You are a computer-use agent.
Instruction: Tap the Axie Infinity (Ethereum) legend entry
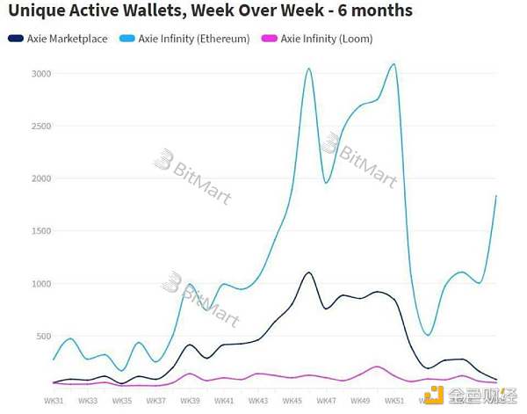coord(193,39)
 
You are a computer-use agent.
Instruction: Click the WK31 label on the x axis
coord(53,401)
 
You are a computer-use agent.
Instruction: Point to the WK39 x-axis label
coord(189,401)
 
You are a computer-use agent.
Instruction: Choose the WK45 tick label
coord(292,401)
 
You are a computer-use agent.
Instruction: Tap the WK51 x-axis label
coord(393,401)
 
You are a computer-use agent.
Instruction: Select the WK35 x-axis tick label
coord(121,401)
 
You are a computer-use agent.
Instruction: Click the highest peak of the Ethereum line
coord(393,64)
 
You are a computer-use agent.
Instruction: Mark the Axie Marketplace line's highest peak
coord(308,272)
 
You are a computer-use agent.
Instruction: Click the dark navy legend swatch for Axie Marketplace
coord(15,39)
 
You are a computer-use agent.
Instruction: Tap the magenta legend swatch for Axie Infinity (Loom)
coord(268,39)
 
